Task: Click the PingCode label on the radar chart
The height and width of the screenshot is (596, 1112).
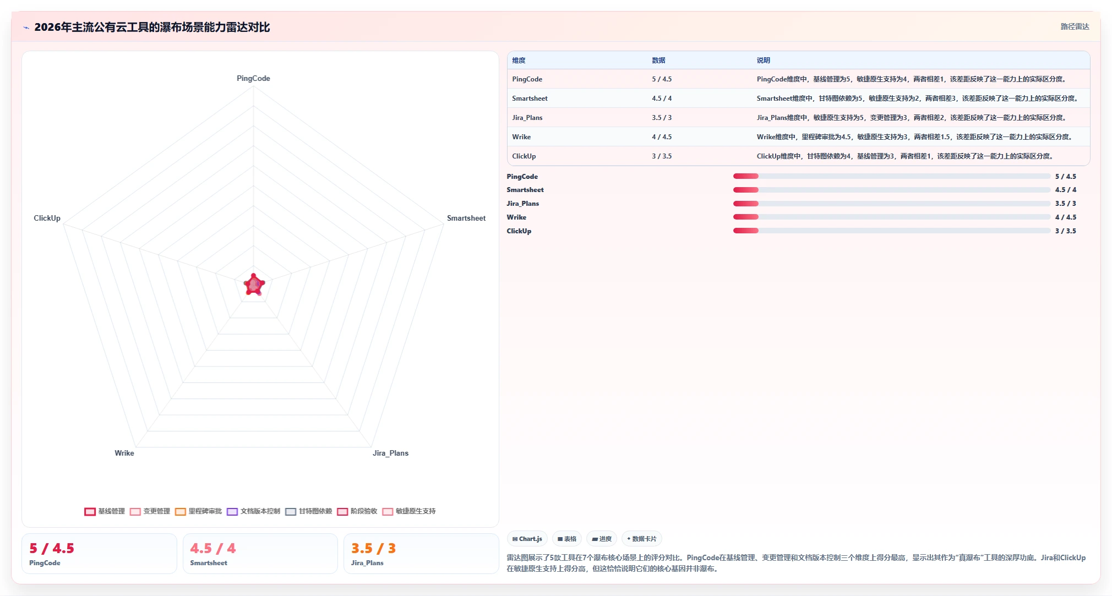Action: point(253,78)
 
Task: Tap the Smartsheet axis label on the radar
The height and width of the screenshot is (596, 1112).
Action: point(466,218)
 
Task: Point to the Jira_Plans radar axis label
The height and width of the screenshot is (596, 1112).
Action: point(390,453)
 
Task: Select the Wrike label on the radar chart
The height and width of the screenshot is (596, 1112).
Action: point(124,453)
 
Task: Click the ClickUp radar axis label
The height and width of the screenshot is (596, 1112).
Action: point(47,218)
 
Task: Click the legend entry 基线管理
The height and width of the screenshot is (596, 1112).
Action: point(105,511)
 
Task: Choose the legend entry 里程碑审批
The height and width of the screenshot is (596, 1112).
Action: point(199,511)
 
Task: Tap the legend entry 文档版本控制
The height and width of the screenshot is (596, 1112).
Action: point(254,511)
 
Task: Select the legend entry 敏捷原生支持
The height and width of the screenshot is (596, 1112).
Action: point(409,511)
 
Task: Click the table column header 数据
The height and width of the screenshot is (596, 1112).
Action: point(658,61)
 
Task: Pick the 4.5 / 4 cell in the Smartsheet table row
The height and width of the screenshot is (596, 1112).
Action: point(662,99)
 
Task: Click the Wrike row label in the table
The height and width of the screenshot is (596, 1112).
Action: point(521,137)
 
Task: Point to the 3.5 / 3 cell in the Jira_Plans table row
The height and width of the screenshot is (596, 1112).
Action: point(662,118)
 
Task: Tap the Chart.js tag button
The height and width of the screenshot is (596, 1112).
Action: point(527,539)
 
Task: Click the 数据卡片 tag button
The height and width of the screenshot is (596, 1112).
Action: point(642,539)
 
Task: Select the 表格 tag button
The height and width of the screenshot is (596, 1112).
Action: point(567,539)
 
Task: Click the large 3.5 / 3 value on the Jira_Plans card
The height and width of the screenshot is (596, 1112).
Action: point(373,549)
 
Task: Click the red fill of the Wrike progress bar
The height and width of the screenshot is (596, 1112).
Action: point(746,217)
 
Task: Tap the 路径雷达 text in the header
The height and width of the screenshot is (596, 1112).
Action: point(1075,26)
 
